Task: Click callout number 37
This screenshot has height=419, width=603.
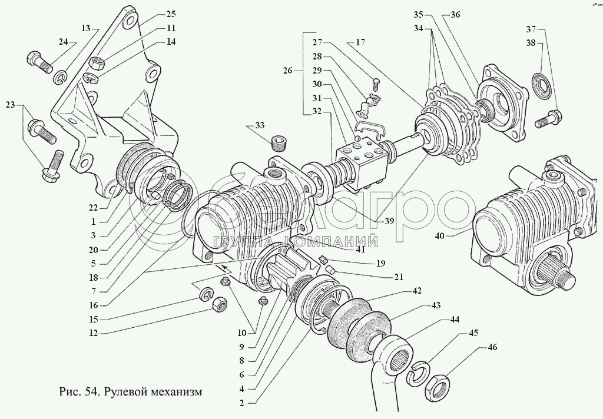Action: tap(531, 29)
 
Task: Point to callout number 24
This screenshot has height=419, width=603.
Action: tap(64, 42)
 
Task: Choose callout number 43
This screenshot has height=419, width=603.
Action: tap(436, 305)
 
